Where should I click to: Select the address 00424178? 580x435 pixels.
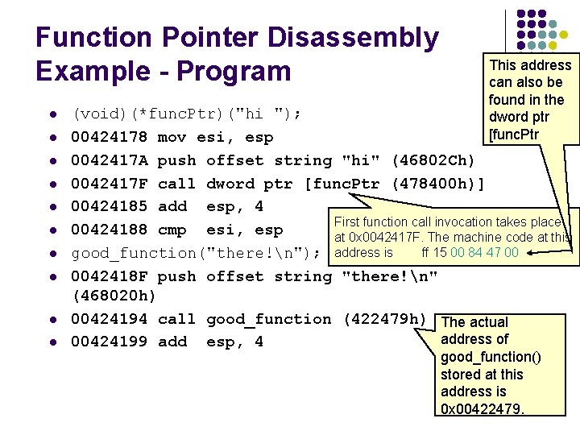point(109,138)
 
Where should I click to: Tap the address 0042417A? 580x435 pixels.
point(109,160)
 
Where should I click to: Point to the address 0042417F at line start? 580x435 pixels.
point(109,184)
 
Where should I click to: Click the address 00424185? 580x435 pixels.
point(109,206)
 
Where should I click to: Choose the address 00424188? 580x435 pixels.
point(109,230)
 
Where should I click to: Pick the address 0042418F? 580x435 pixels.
point(109,276)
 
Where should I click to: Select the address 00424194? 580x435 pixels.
point(109,319)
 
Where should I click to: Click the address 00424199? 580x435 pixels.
point(109,342)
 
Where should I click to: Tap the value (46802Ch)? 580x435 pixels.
point(433,160)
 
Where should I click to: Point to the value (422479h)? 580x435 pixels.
point(384,319)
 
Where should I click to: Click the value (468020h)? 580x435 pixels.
point(114,296)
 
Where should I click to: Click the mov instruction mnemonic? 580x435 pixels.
point(172,138)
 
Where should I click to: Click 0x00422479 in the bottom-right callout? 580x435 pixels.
point(482,409)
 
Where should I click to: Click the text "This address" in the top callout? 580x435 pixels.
point(530,65)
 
